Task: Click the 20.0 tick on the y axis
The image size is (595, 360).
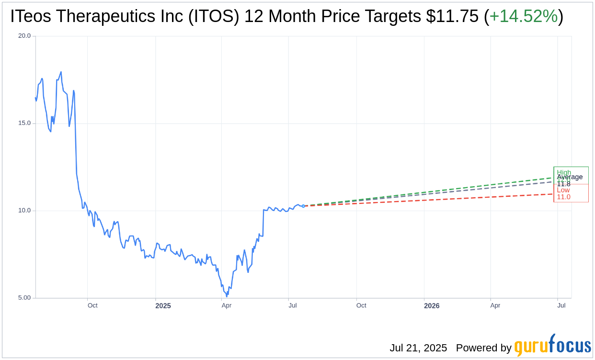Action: (24, 36)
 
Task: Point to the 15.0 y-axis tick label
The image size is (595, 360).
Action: (24, 123)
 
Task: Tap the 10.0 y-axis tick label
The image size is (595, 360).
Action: (24, 211)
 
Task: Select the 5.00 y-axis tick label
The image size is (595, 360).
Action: (24, 298)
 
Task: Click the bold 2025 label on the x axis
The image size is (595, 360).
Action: (163, 305)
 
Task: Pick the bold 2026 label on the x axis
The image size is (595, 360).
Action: (432, 305)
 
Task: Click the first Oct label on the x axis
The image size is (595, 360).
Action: (92, 305)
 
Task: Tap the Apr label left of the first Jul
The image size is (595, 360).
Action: (227, 305)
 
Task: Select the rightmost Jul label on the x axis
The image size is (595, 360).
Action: (561, 305)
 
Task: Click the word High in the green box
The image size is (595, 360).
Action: (564, 172)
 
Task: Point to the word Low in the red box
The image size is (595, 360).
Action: (563, 190)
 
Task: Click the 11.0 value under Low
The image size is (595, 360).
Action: (563, 197)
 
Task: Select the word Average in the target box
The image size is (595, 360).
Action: (570, 177)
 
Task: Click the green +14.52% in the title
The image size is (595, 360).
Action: (524, 17)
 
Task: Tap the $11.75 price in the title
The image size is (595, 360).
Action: (452, 17)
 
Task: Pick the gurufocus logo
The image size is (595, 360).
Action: (552, 346)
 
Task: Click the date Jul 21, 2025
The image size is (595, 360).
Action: (418, 348)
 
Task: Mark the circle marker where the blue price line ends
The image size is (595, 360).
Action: (303, 206)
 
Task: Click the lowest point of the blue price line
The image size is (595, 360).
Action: (227, 296)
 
